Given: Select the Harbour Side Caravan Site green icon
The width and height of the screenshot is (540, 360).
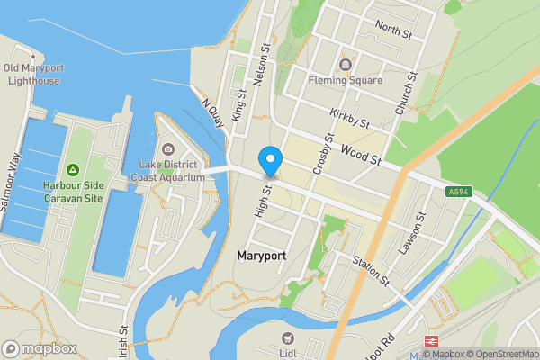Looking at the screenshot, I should coord(73,171).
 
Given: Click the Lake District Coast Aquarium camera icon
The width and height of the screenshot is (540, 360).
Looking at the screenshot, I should coord(168,149).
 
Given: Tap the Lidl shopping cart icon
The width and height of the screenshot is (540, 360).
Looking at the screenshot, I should coord(289,337).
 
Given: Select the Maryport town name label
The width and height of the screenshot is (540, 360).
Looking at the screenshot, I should coord(261,256).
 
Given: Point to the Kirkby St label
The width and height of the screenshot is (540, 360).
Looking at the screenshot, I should coord(350,117).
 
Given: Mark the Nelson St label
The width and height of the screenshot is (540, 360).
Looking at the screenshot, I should coord(263,66).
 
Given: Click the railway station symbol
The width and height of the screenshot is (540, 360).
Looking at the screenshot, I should coord(430,342).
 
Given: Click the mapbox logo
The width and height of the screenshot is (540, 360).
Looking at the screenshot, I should coord(37,348).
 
